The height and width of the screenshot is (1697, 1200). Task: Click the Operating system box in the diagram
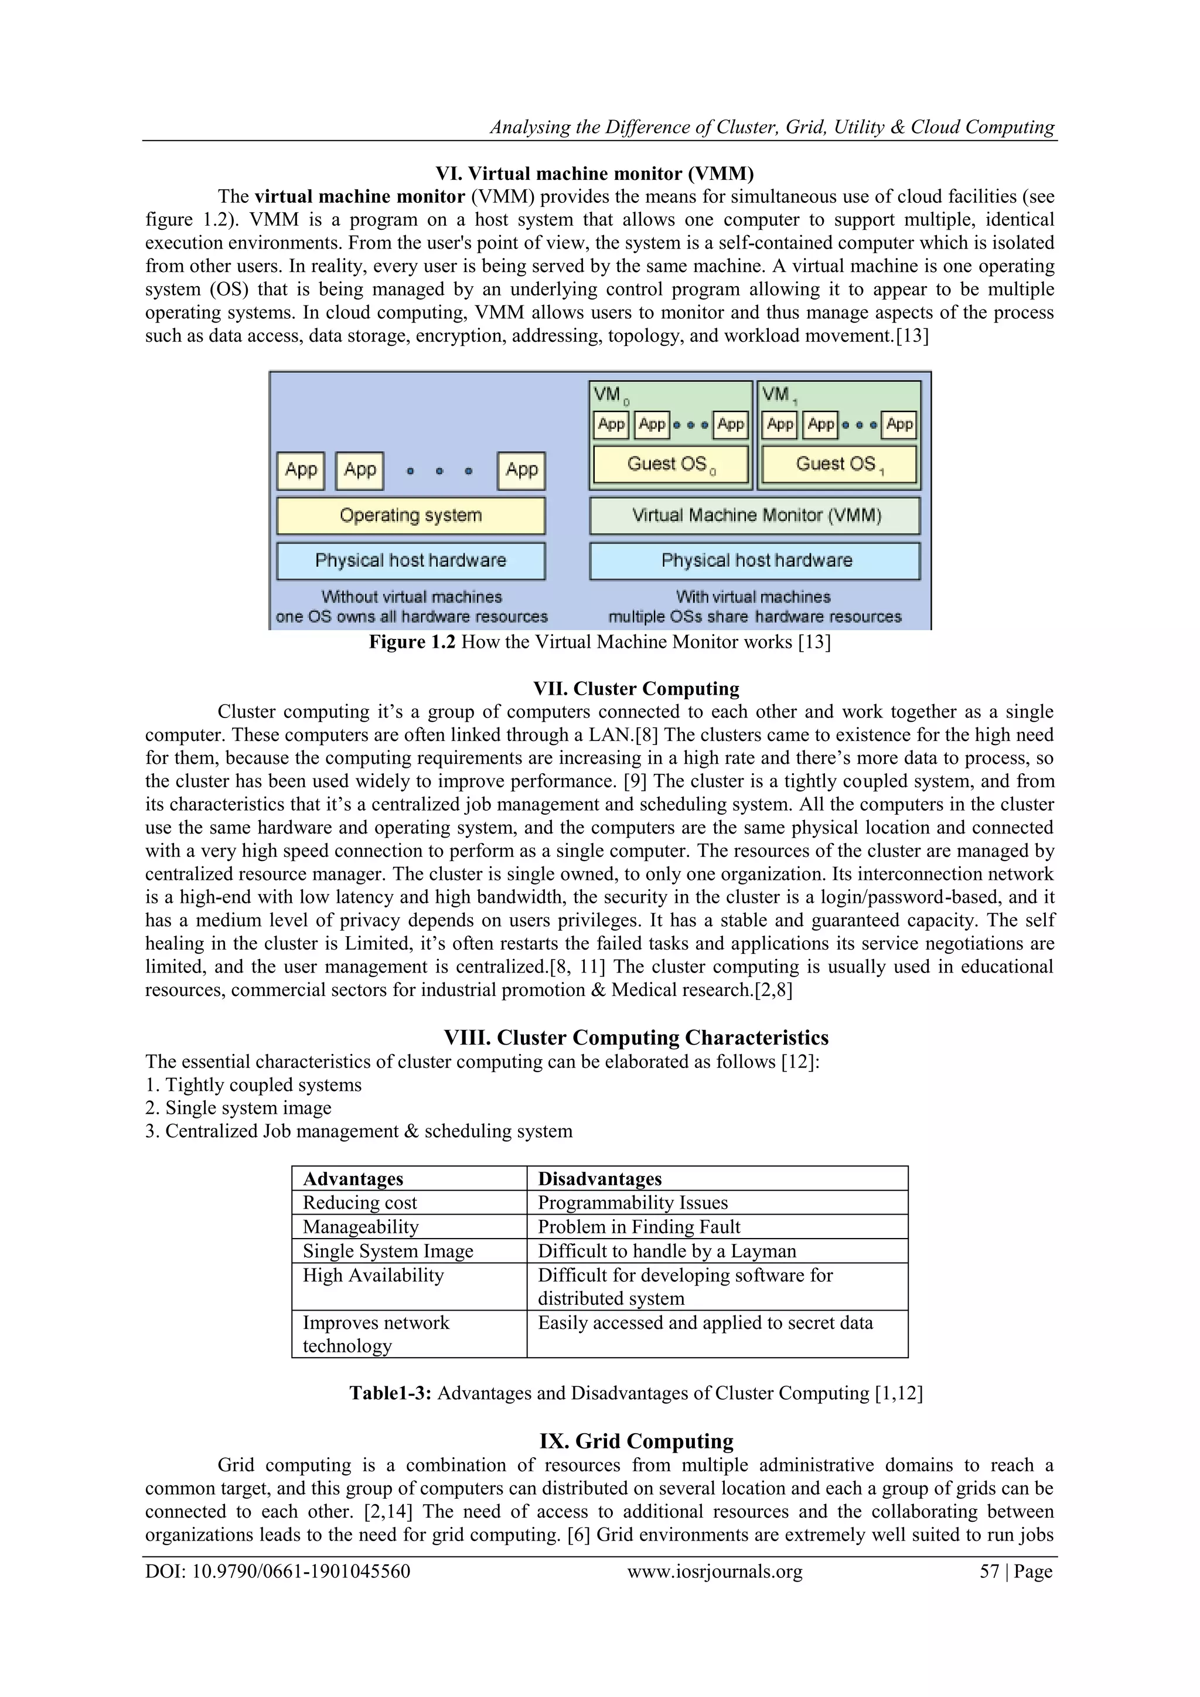pyautogui.click(x=411, y=515)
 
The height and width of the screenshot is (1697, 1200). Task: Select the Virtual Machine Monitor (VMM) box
pyautogui.click(x=755, y=515)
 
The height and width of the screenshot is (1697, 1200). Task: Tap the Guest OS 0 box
pyautogui.click(x=671, y=464)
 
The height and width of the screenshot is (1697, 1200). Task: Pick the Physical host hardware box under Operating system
pyautogui.click(x=411, y=560)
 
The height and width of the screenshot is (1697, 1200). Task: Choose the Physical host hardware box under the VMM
pyautogui.click(x=755, y=560)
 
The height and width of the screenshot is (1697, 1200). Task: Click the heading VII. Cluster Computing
pyautogui.click(x=636, y=688)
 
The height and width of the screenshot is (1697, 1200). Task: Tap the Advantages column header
pyautogui.click(x=353, y=1179)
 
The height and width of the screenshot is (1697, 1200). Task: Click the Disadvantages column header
pyautogui.click(x=599, y=1179)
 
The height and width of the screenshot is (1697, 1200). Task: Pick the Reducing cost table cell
pyautogui.click(x=360, y=1202)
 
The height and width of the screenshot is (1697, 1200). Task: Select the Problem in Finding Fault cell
pyautogui.click(x=639, y=1227)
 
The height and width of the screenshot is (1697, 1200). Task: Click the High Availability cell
pyautogui.click(x=373, y=1275)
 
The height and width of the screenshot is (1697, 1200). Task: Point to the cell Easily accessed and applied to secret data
pyautogui.click(x=705, y=1322)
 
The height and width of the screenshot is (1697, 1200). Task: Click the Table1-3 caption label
pyautogui.click(x=390, y=1393)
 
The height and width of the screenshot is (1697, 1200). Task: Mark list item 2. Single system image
pyautogui.click(x=238, y=1107)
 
